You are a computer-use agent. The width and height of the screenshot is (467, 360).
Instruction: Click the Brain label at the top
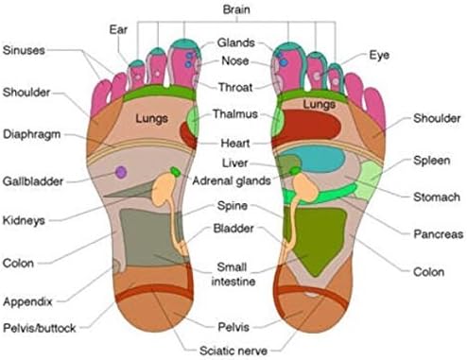pos(236,9)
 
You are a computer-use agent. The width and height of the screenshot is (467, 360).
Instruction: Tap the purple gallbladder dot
pos(121,172)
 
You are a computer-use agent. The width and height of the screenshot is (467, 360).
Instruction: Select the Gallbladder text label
pos(33,181)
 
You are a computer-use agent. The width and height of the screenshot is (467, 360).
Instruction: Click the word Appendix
pos(27,301)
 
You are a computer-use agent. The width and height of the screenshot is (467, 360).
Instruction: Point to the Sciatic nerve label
pos(233,351)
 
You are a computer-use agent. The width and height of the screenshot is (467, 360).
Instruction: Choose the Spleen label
pos(432,161)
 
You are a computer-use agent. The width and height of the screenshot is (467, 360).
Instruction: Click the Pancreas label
pos(439,234)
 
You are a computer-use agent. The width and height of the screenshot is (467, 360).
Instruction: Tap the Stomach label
pos(437,197)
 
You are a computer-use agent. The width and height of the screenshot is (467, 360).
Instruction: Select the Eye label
pos(379,56)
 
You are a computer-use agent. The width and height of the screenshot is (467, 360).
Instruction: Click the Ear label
pos(118,29)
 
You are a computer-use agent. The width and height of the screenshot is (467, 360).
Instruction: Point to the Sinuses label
pos(24,50)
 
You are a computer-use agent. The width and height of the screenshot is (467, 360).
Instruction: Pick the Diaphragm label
pos(32,134)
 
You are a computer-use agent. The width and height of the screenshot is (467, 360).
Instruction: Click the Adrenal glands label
pos(232,180)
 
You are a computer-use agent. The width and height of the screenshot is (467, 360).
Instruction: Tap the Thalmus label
pos(235,113)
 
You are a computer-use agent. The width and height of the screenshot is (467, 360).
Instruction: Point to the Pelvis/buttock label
pos(40,328)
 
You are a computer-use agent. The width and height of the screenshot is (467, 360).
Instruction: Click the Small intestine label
pos(233,274)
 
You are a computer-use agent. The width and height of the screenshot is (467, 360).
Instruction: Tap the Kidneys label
pos(24,220)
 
